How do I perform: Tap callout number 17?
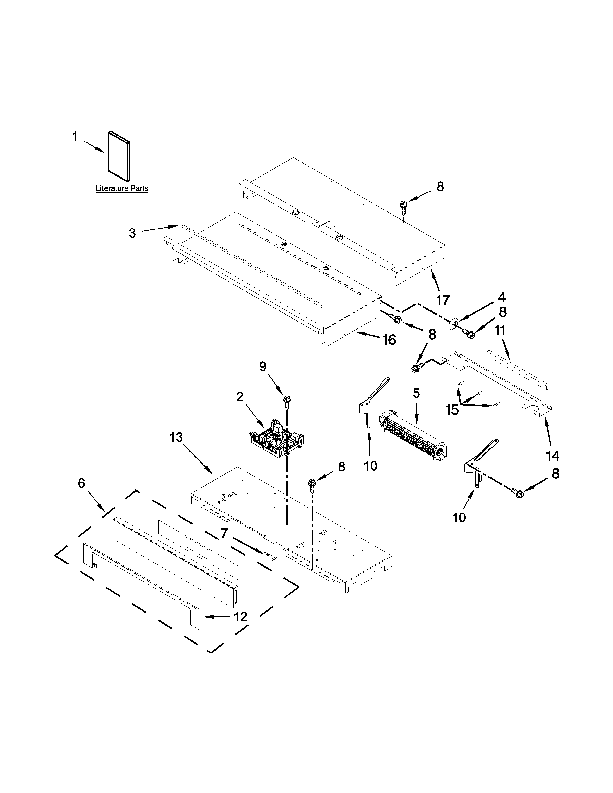coord(443,300)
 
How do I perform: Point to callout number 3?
coord(132,233)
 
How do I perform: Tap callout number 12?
coord(240,617)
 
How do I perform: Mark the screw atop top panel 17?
coord(402,207)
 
